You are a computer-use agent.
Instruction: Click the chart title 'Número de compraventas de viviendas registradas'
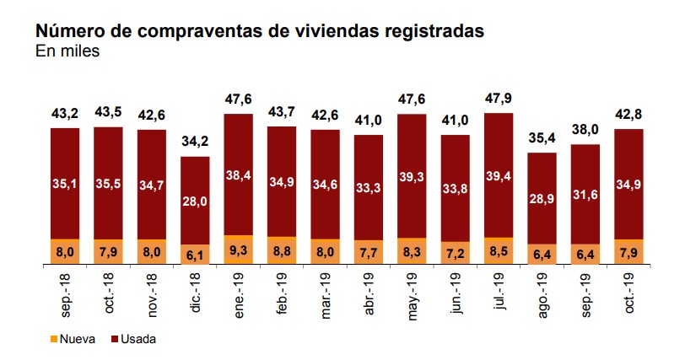(259, 31)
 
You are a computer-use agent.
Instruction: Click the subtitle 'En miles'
(67, 51)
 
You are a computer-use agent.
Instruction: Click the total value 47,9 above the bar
(499, 96)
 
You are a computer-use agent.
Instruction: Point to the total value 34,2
(195, 140)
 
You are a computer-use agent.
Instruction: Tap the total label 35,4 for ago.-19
(542, 136)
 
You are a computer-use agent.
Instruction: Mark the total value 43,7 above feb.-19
(282, 110)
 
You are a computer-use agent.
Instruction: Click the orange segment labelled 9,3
(239, 250)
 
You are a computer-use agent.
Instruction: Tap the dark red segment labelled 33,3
(369, 188)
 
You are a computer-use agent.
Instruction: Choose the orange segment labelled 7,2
(456, 253)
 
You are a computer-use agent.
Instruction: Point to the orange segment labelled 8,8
(282, 250)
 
